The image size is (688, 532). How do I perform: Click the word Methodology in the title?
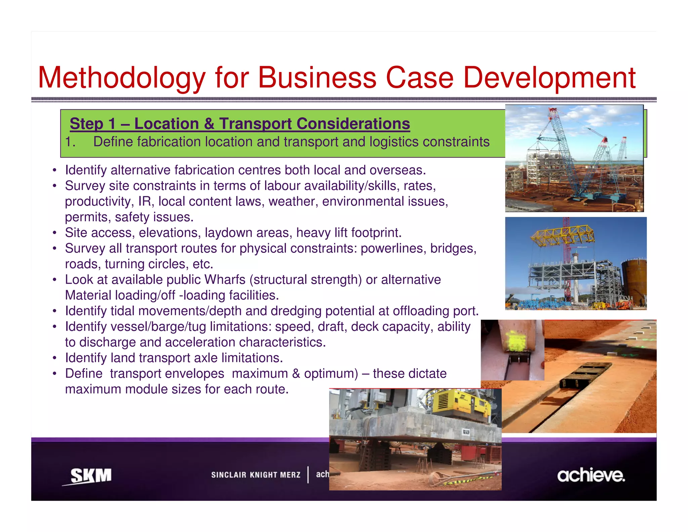(121, 78)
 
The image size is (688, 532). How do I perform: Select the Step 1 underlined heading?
(240, 123)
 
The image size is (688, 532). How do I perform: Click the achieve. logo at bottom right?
(591, 476)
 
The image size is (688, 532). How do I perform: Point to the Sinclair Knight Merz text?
(256, 475)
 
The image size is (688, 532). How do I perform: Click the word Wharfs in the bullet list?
(225, 280)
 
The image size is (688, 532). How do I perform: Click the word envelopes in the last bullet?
(167, 374)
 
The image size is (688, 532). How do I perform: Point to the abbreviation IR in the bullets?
(145, 201)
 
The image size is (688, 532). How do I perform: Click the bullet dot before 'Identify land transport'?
(54, 358)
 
